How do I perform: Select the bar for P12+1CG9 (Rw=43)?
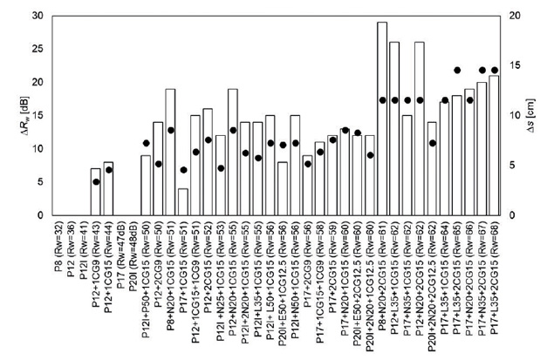coord(96,192)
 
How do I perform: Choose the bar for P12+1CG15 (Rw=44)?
coord(108,188)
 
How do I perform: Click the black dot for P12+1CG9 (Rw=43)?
coord(96,181)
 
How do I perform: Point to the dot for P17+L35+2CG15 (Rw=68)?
coord(494,70)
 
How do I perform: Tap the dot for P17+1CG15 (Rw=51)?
coord(183,170)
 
